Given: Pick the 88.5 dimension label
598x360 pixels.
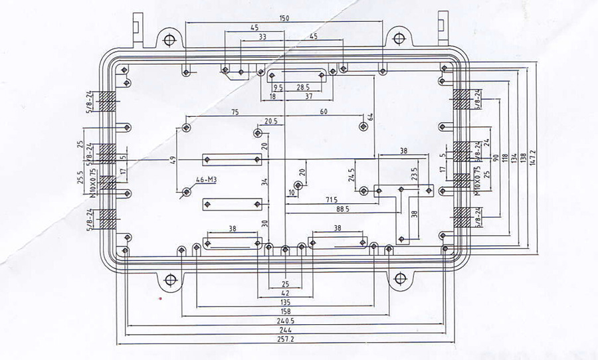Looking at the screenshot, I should (x=343, y=209).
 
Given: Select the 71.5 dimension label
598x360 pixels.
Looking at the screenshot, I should (x=331, y=199).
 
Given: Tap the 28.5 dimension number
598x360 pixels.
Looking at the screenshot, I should (x=303, y=87).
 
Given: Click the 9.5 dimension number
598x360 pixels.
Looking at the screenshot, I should (x=278, y=87).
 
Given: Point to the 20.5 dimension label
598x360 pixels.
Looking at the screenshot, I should (x=270, y=121).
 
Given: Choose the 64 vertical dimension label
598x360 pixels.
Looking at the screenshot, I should (x=371, y=118).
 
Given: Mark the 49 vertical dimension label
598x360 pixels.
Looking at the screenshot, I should (x=171, y=159).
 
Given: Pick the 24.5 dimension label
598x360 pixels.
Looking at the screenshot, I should (x=351, y=175).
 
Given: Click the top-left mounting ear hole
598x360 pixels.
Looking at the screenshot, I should (x=169, y=37).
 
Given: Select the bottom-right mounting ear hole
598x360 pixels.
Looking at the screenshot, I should (x=400, y=279).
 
